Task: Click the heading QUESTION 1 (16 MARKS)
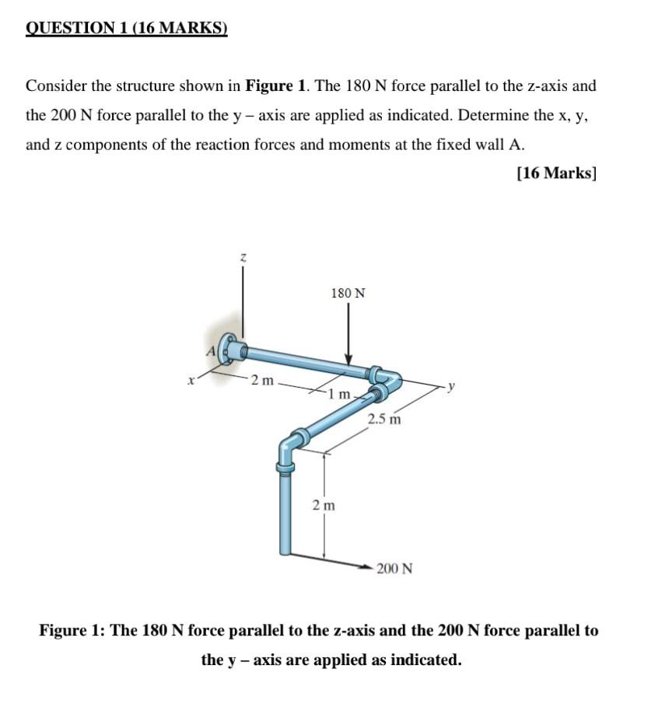(x=127, y=29)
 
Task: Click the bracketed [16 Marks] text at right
(x=556, y=172)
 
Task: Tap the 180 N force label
(x=348, y=293)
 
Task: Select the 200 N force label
(x=394, y=569)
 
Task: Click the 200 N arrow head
(x=365, y=568)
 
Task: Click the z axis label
(x=243, y=257)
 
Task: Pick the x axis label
(x=189, y=381)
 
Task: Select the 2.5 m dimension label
(x=384, y=420)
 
